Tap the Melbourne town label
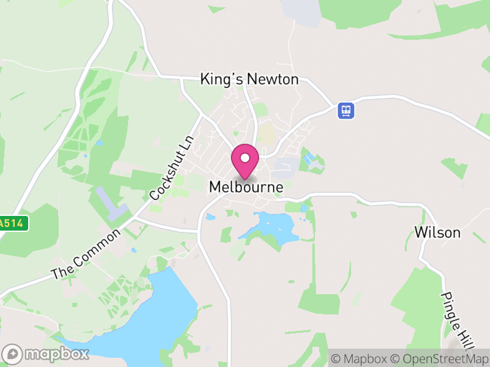[246, 187]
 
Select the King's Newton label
[249, 80]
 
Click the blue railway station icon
[347, 111]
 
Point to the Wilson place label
[437, 232]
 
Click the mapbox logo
[47, 354]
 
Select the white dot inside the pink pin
[245, 158]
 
